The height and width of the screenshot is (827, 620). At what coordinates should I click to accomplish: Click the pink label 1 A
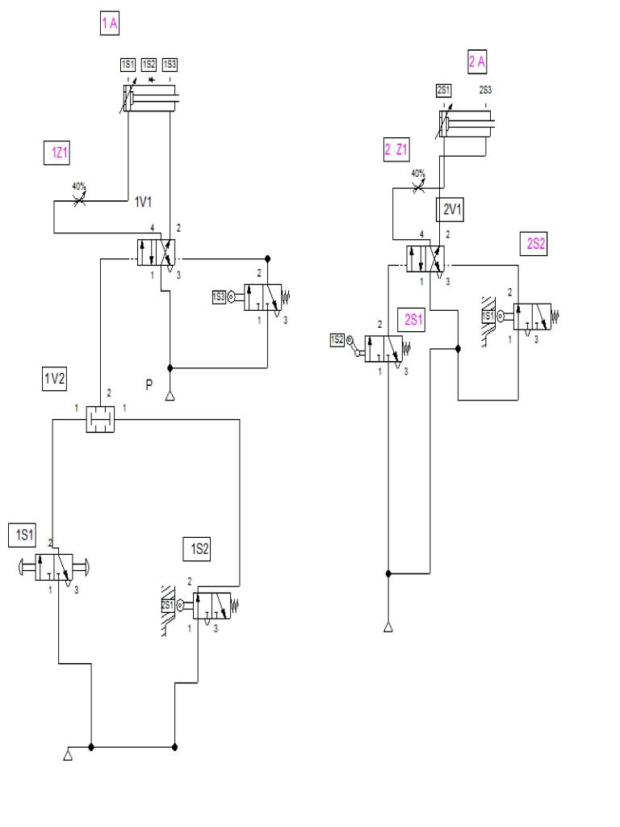(109, 24)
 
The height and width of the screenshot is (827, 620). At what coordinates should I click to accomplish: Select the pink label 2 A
(478, 61)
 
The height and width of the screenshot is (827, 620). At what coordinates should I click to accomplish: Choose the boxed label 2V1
(450, 210)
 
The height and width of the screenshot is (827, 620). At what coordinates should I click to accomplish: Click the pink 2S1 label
(414, 318)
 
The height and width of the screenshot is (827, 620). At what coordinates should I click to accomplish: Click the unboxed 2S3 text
(486, 90)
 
